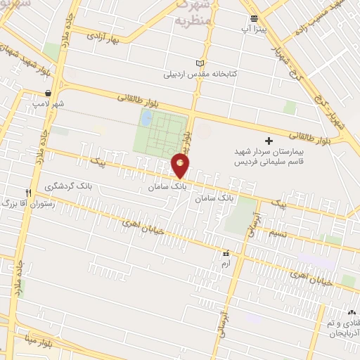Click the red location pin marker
(x=181, y=165)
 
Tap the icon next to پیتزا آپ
(x=254, y=18)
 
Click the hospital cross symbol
(x=268, y=141)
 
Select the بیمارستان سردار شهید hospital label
(x=268, y=155)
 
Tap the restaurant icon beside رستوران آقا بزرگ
(x=28, y=192)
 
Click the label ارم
(x=225, y=263)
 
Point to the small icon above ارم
(x=226, y=253)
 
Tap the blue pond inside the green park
(x=146, y=120)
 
